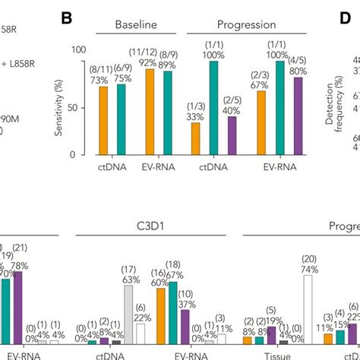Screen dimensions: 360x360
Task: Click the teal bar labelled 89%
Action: pos(167,112)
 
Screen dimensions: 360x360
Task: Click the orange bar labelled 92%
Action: pos(150,111)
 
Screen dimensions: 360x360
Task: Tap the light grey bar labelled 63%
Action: pos(129,314)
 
